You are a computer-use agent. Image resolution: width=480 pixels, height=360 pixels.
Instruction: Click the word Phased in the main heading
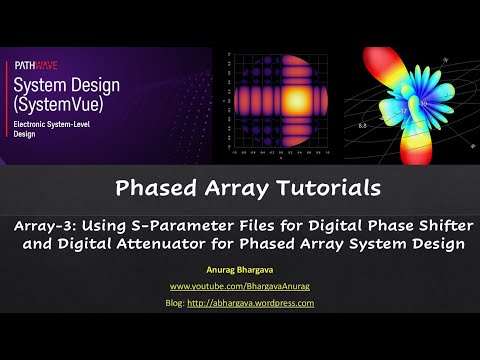click(182, 187)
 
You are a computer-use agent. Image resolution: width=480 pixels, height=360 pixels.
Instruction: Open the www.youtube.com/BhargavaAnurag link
click(240, 286)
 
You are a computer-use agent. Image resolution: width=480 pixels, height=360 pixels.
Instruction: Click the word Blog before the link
click(177, 302)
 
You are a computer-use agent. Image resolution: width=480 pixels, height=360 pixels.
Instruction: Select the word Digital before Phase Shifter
click(344, 223)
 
